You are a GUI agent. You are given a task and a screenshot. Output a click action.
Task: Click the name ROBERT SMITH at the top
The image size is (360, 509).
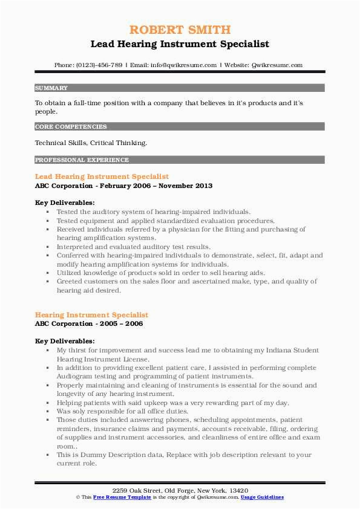[x=180, y=30]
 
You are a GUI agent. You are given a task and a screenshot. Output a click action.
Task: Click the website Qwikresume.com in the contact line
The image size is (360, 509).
[x=277, y=65]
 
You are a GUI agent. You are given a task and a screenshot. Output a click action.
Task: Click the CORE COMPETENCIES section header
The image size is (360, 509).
[x=71, y=127]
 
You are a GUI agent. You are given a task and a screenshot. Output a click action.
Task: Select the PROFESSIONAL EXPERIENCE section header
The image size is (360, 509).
[x=82, y=160]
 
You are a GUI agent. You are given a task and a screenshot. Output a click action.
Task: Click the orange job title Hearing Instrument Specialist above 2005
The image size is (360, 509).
[x=91, y=315]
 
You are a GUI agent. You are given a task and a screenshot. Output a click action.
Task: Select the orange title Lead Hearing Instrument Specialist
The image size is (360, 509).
[x=102, y=177]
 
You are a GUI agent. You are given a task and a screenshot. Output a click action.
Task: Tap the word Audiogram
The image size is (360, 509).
[x=74, y=376]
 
